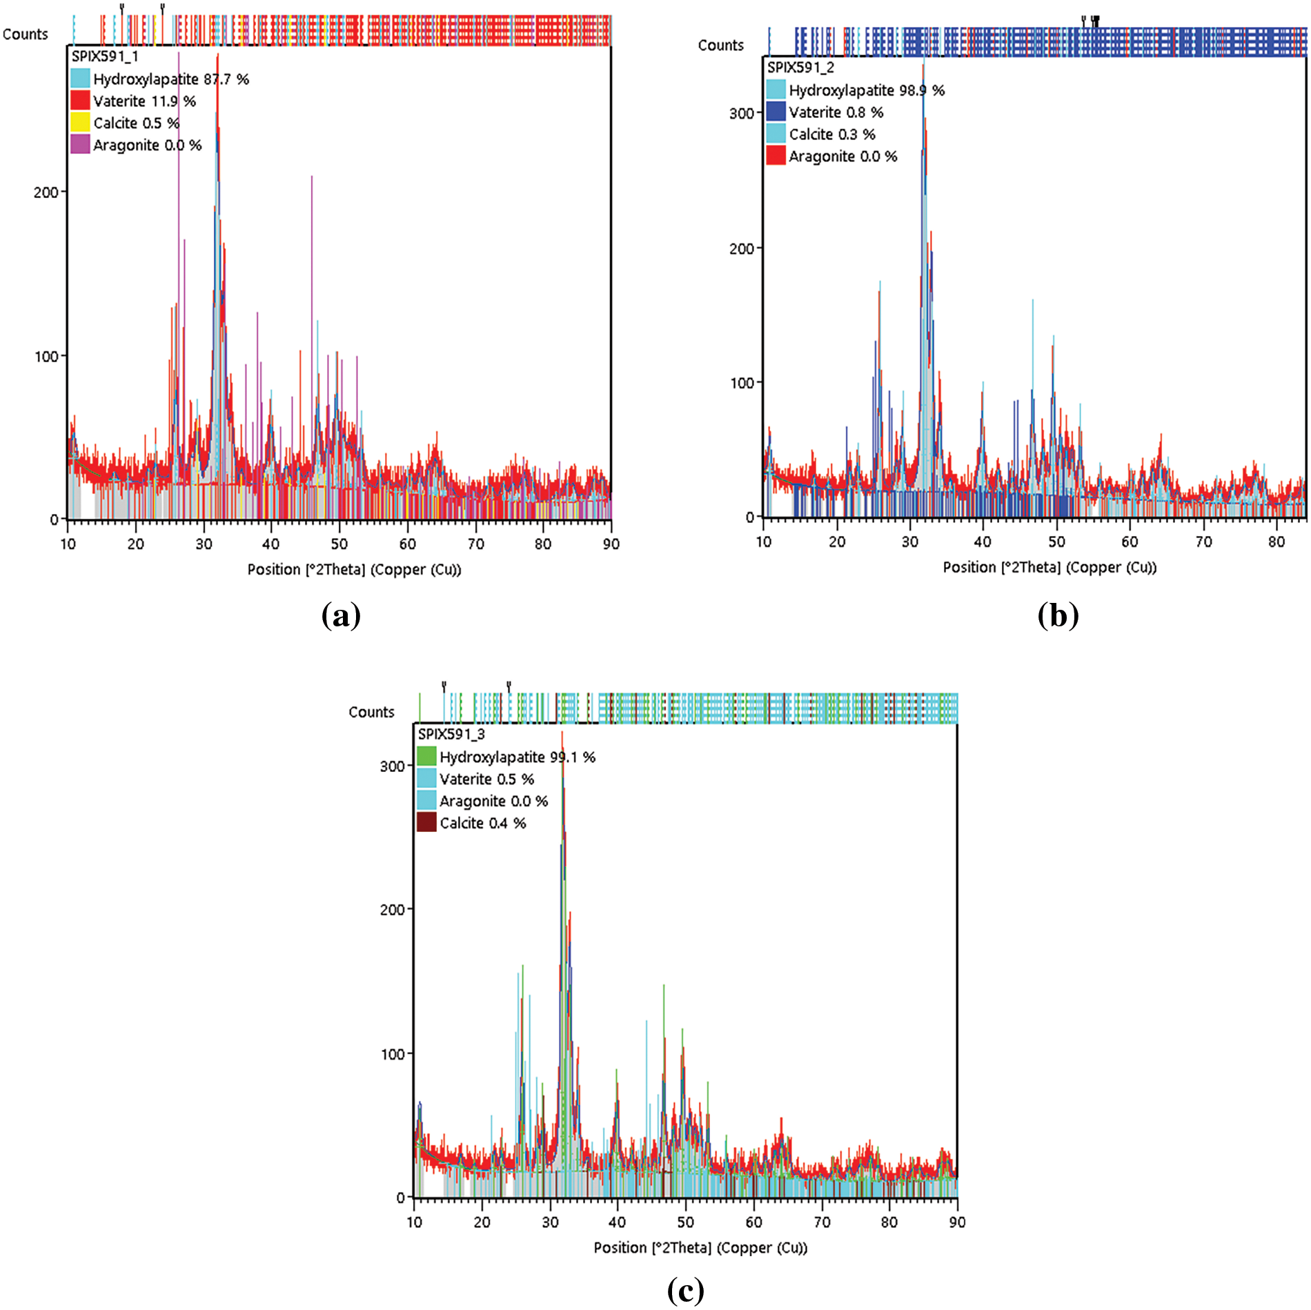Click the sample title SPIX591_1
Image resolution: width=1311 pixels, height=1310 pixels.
(x=105, y=57)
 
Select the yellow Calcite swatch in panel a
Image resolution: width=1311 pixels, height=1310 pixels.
(x=80, y=123)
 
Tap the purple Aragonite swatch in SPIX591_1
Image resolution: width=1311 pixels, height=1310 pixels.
(x=80, y=145)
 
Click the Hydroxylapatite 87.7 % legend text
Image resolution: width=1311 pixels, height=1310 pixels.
(x=170, y=79)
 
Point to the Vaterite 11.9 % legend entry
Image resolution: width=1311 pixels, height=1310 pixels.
(x=144, y=101)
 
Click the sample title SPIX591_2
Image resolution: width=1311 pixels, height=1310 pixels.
(x=800, y=68)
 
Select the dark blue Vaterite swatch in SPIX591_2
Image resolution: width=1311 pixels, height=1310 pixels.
(x=776, y=112)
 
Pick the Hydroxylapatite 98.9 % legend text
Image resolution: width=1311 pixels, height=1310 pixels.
(x=866, y=90)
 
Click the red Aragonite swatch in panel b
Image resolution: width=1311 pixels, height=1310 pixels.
(x=776, y=156)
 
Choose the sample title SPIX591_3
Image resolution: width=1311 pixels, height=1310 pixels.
(x=451, y=734)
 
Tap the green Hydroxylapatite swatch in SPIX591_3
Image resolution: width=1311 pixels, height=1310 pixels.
(x=426, y=757)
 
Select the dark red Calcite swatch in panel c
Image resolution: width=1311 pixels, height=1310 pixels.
(x=426, y=823)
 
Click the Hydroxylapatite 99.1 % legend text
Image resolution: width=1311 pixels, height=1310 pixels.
(x=517, y=757)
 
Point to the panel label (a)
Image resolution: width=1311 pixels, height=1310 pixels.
(x=341, y=615)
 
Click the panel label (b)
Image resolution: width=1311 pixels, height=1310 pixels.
(x=1058, y=615)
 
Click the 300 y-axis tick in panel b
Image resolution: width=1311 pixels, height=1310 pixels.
(x=742, y=113)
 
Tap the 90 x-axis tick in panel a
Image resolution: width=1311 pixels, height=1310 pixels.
(x=611, y=544)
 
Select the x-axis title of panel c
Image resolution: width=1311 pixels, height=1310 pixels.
(x=700, y=1248)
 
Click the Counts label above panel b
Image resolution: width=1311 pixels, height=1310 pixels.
(x=720, y=46)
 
